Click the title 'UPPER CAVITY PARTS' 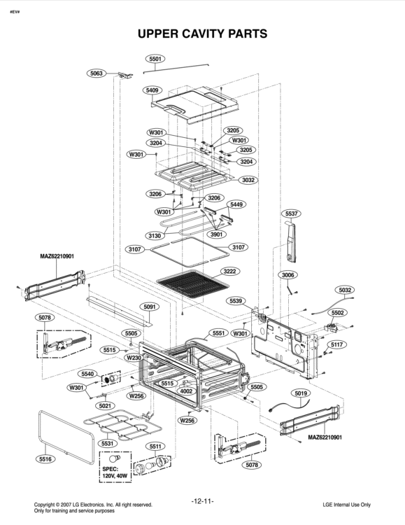(202, 34)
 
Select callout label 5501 (156, 59)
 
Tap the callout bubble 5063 (97, 73)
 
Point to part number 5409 (152, 90)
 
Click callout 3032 (248, 180)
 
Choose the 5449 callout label (237, 204)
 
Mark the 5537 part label (292, 213)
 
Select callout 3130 (155, 236)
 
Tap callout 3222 (229, 271)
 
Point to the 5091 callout (150, 307)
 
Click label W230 (134, 358)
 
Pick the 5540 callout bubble (87, 374)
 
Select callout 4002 (186, 391)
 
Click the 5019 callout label (301, 393)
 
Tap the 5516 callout (45, 459)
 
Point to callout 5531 (108, 443)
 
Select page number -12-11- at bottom (202, 501)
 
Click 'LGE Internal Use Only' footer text (346, 505)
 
